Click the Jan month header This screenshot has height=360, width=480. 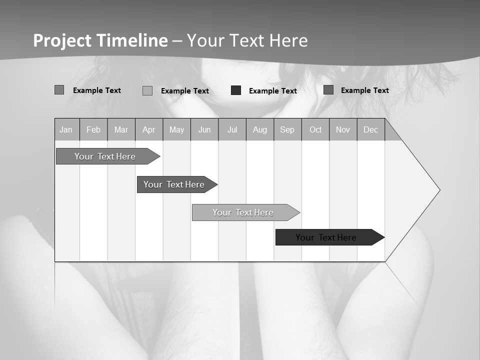point(66,130)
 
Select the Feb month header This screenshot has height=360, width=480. point(93,130)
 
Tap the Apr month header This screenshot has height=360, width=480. point(148,130)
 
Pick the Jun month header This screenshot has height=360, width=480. point(204,130)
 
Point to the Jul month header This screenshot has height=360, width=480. point(232,130)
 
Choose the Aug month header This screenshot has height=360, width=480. point(260,130)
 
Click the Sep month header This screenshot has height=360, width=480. point(287,130)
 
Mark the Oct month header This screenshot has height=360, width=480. point(315,130)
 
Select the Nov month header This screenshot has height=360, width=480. point(343,130)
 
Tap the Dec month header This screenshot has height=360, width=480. point(370,130)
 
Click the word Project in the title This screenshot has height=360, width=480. point(62,40)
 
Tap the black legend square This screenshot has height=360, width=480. point(236,90)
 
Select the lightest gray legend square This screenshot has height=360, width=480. point(147,90)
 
